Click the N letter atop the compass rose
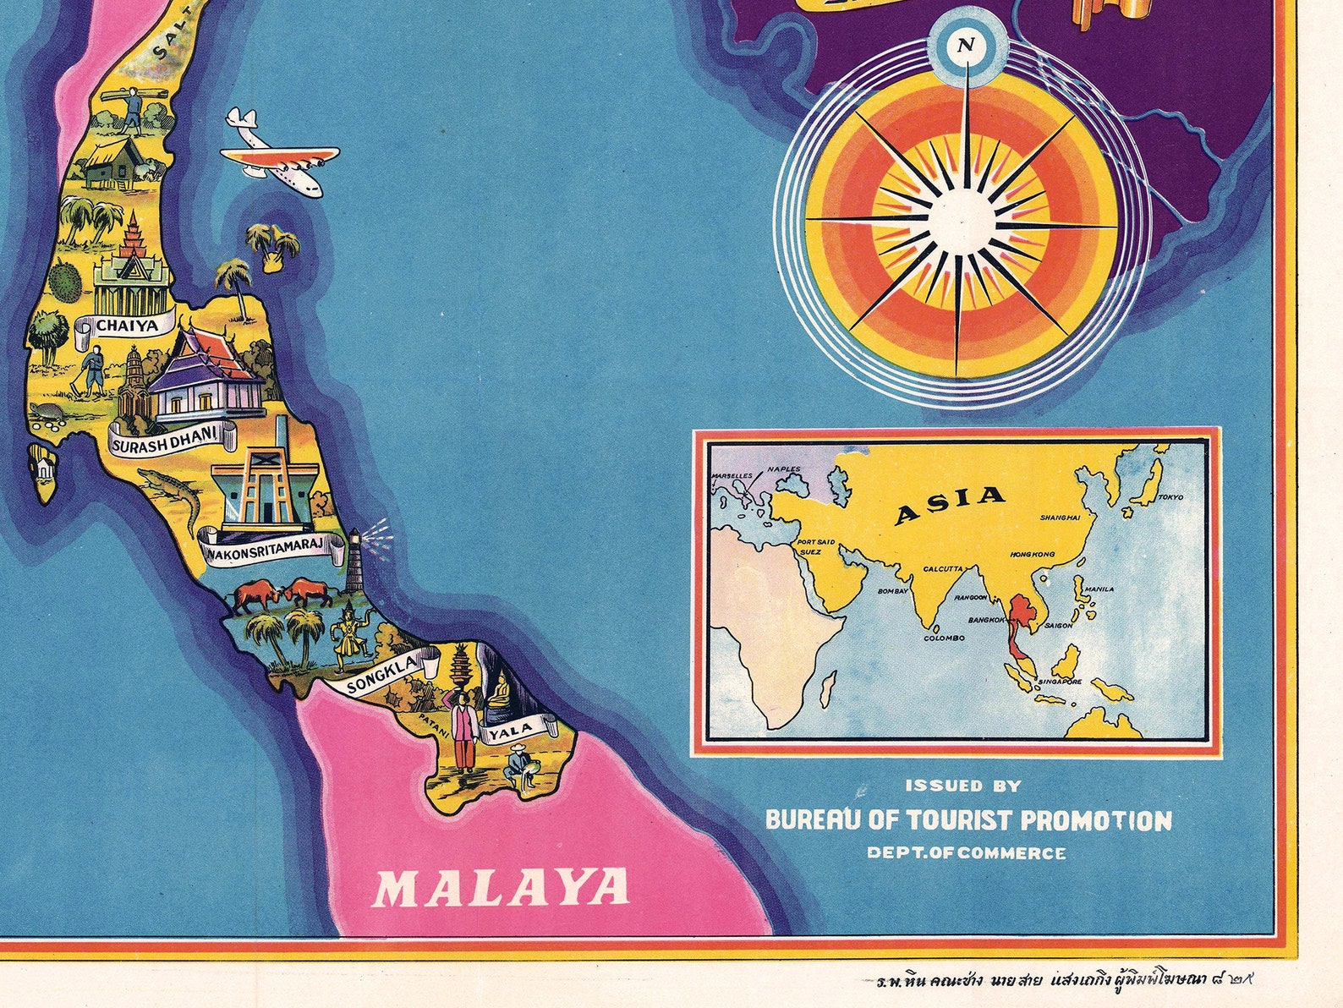[966, 46]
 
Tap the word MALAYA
[502, 889]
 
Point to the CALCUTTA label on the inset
[944, 569]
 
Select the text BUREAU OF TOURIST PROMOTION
[968, 820]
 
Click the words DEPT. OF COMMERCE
[966, 853]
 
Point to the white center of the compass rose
[962, 219]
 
